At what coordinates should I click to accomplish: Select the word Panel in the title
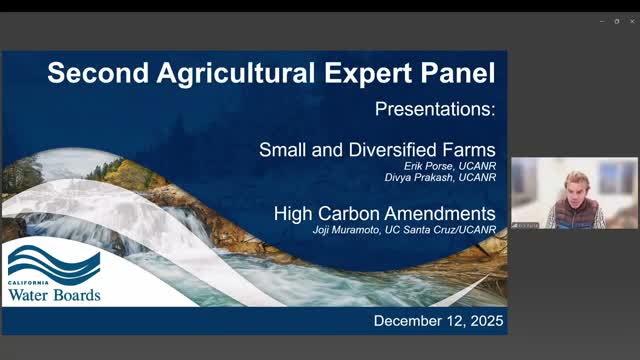(452, 73)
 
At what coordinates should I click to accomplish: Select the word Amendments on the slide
(445, 214)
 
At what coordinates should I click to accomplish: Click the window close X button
(630, 20)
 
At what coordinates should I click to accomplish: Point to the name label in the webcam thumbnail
(525, 224)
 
